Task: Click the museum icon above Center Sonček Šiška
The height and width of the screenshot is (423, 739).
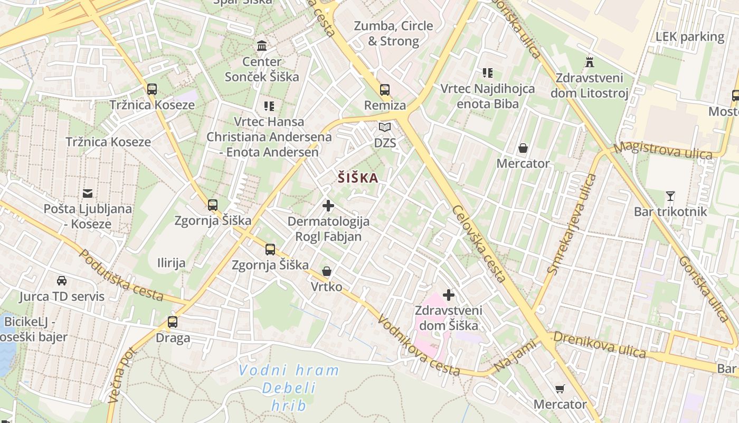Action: [261, 45]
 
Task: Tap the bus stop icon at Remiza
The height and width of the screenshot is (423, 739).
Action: [385, 89]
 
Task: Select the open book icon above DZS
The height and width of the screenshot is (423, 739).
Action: [385, 127]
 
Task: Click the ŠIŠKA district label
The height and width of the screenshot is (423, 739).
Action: [358, 178]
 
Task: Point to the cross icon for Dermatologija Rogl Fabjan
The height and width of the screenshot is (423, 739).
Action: [328, 205]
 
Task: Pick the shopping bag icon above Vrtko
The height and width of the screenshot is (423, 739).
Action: [327, 271]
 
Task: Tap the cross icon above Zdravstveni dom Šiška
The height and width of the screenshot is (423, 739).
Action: [449, 295]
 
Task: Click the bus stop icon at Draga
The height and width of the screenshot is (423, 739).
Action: [173, 321]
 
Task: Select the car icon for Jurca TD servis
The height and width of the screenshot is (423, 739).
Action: [62, 281]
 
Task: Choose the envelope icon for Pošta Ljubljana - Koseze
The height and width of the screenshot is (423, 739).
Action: [88, 194]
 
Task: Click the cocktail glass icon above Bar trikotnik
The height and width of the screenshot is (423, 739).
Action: [670, 196]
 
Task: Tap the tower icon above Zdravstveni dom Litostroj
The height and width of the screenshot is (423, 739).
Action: [590, 62]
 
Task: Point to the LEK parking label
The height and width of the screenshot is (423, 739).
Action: [690, 36]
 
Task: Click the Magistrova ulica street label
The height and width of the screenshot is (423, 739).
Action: [664, 150]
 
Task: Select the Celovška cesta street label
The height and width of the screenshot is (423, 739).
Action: [479, 243]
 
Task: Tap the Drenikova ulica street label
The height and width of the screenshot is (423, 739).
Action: [599, 345]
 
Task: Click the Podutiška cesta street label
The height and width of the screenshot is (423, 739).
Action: [121, 275]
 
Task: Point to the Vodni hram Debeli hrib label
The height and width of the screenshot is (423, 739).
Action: [289, 388]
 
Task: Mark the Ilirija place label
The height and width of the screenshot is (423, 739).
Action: [172, 263]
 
